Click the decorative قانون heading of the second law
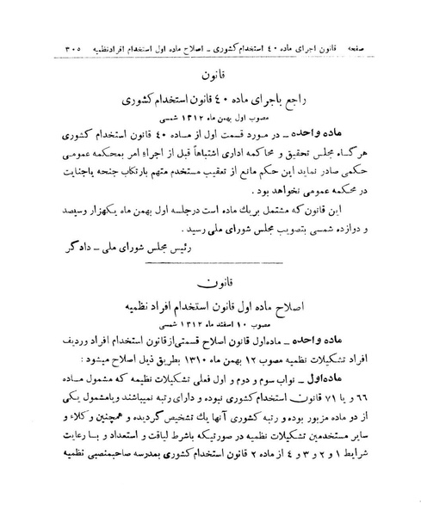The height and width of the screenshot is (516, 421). pos(209,279)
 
